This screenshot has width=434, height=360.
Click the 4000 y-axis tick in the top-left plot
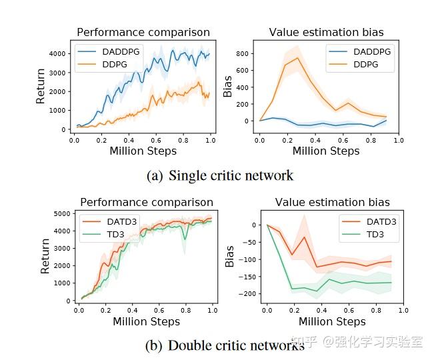click(58, 53)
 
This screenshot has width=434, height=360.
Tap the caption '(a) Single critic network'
click(219, 176)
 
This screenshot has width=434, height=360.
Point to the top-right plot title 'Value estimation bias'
click(326, 32)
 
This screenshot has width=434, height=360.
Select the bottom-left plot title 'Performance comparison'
click(147, 202)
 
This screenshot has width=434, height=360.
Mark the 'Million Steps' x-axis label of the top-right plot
click(326, 151)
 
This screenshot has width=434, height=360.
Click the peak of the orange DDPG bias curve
click(298, 58)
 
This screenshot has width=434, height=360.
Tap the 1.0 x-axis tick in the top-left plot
click(210, 141)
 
